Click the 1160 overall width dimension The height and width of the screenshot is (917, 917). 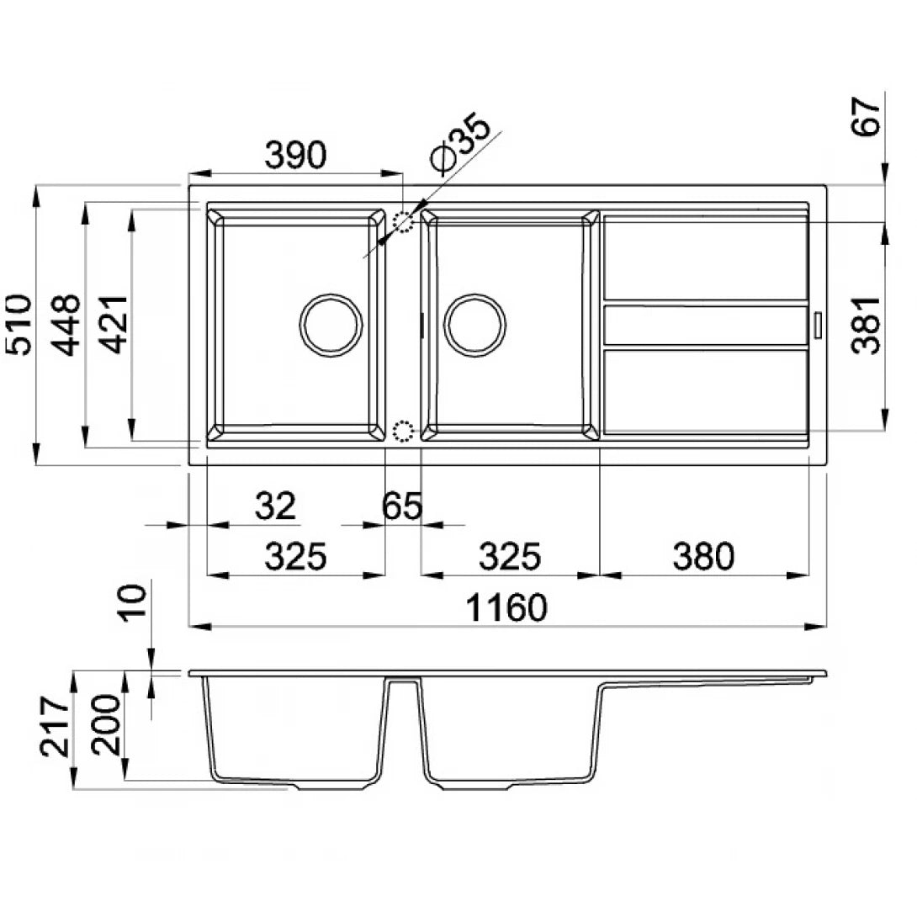point(506,607)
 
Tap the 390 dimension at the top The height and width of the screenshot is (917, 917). point(295,156)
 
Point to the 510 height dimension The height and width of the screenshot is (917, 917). point(18,325)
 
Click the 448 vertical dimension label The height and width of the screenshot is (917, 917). point(65,325)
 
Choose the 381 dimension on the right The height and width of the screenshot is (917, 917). point(867,326)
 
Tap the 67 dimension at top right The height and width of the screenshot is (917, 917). point(867,117)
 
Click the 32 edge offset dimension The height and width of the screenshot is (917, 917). point(275,506)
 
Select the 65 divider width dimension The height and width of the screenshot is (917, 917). point(402,506)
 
